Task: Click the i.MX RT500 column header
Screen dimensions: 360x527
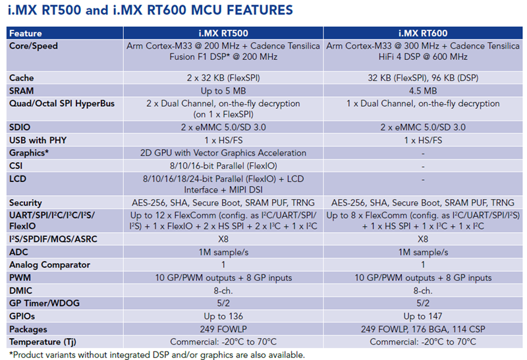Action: coord(224,33)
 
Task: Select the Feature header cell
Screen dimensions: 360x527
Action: coord(26,33)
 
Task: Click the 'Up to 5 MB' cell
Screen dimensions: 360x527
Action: coord(224,90)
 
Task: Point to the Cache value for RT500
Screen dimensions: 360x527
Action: coord(224,78)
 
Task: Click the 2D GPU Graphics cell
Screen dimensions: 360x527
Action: coord(224,153)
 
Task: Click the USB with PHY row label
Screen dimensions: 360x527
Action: coord(38,140)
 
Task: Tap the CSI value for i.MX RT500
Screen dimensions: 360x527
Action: coord(224,165)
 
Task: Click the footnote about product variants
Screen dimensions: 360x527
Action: coord(155,354)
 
